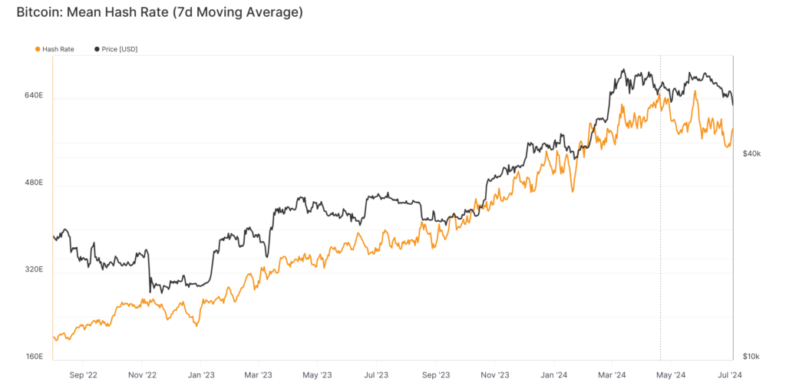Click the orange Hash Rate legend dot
click(x=38, y=49)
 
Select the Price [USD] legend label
click(x=120, y=49)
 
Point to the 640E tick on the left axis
click(x=34, y=96)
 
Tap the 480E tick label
click(x=34, y=183)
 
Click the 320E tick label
click(x=34, y=270)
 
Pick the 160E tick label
click(x=34, y=357)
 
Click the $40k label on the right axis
click(x=751, y=153)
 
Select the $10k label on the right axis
click(x=751, y=357)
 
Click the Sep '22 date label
click(x=83, y=375)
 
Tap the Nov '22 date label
click(x=142, y=375)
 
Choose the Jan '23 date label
click(x=200, y=375)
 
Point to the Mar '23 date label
click(x=259, y=375)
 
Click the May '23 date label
click(x=317, y=375)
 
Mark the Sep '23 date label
click(x=434, y=375)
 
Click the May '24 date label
click(x=670, y=375)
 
